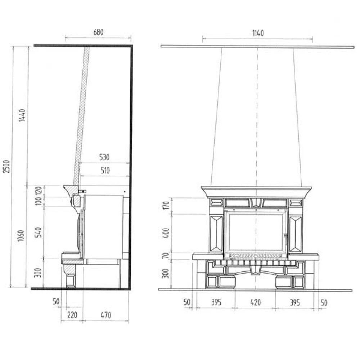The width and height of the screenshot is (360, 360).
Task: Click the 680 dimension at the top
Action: tap(98, 32)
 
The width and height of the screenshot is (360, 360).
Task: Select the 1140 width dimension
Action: tap(258, 33)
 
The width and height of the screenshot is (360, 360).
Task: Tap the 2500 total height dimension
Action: tap(6, 166)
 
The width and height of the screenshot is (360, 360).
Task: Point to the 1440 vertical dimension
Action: tap(22, 115)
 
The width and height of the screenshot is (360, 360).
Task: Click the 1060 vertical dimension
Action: tap(21, 236)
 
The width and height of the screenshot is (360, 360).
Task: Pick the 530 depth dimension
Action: tap(104, 157)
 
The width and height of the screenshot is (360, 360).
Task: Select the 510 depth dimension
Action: tap(105, 170)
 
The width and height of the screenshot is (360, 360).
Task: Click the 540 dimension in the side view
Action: tap(38, 232)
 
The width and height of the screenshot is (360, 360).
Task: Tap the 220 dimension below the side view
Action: tap(72, 315)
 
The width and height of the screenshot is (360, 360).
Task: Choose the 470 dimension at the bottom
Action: tap(106, 315)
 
